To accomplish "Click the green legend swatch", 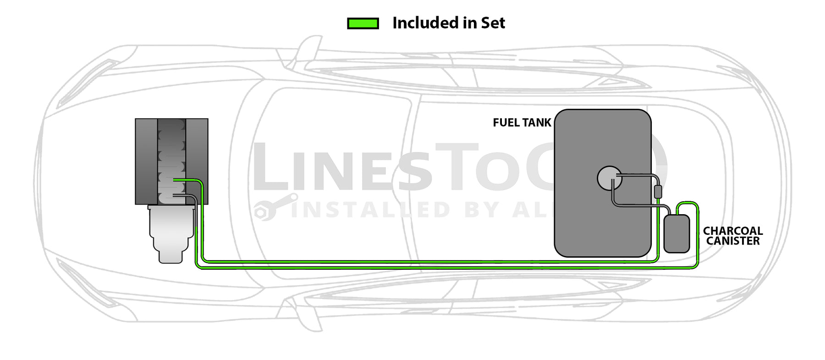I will click(363, 23).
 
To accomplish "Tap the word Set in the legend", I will click(493, 23).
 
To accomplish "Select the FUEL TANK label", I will click(522, 123).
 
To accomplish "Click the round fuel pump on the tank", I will click(609, 178).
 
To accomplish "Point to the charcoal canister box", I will click(676, 234).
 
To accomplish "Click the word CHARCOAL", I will click(732, 231).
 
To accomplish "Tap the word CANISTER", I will click(732, 241).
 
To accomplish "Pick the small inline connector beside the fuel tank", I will click(658, 192).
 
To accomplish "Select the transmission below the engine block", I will click(170, 234).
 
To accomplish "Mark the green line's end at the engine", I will click(175, 180).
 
